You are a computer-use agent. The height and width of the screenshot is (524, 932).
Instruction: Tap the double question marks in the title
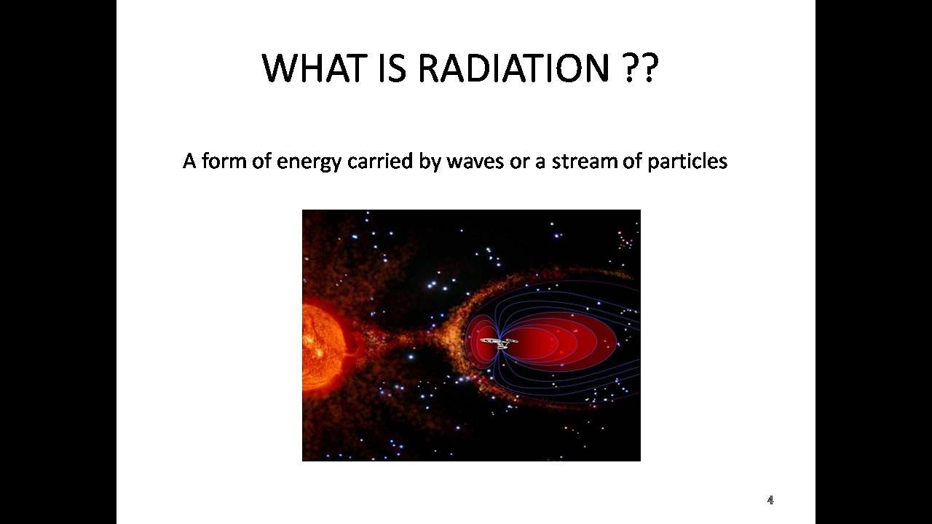click(640, 68)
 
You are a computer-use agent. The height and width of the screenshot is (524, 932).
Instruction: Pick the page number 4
click(770, 500)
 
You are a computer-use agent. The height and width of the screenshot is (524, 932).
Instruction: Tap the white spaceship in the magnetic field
click(499, 341)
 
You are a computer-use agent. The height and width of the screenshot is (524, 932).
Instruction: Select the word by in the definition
click(430, 162)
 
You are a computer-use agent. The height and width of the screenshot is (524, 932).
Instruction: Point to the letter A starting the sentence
click(189, 162)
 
